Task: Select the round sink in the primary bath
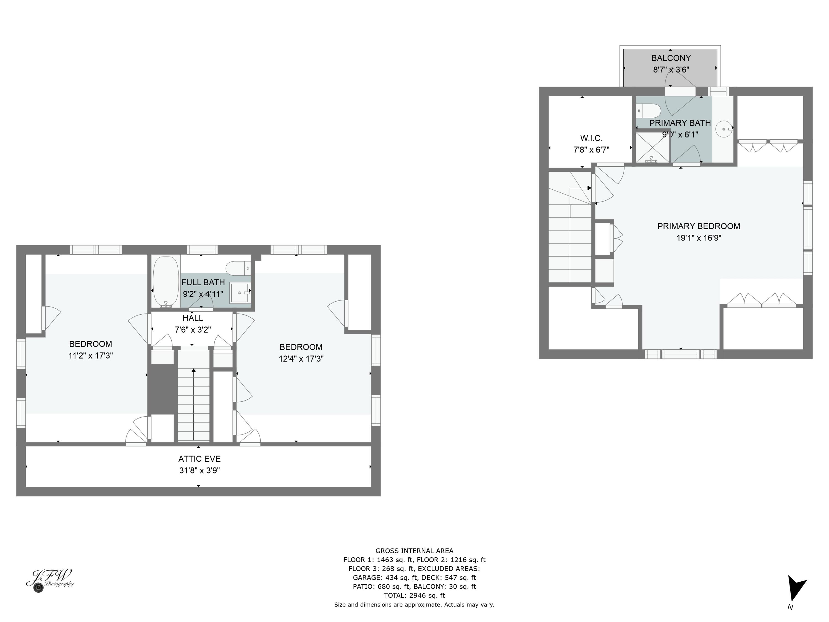click(x=723, y=129)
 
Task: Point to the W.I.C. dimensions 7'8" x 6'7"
click(x=591, y=150)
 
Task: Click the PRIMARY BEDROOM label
click(x=699, y=226)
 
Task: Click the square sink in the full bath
click(x=240, y=292)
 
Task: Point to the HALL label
click(x=193, y=318)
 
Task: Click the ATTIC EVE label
click(x=200, y=459)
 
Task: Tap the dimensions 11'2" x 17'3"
click(x=91, y=356)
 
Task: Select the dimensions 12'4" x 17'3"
click(x=301, y=359)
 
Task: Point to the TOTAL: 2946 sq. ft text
click(x=414, y=595)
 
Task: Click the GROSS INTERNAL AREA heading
click(x=414, y=551)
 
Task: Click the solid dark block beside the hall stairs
click(x=162, y=390)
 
